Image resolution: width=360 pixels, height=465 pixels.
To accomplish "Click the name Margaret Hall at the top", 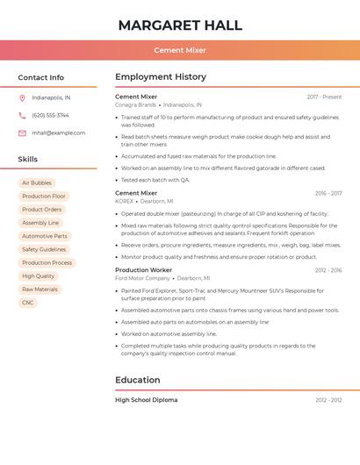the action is tap(180, 25).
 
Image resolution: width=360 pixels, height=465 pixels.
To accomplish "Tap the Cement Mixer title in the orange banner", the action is tap(180, 50).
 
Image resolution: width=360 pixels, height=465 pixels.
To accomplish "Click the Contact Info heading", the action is tap(40, 77).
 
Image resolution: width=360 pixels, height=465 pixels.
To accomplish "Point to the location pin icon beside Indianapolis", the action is tap(22, 97).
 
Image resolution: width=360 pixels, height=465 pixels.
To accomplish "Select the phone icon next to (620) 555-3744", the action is tap(22, 115).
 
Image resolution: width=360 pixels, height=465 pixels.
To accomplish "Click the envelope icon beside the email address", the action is tap(22, 132).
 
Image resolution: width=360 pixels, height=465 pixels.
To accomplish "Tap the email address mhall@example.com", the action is tap(59, 132).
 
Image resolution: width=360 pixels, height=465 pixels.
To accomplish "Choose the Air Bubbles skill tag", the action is tap(37, 182).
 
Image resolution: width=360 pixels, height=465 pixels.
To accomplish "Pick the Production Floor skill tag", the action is tap(44, 197).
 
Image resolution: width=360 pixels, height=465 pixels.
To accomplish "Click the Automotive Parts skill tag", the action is tap(45, 236).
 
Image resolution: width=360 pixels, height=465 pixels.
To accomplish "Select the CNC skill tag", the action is tap(28, 303).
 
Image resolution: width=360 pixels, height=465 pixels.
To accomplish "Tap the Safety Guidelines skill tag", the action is tap(44, 249).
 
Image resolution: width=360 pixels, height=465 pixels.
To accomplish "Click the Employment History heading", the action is tap(161, 77).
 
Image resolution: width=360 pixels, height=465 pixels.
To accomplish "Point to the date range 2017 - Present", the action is tap(324, 97).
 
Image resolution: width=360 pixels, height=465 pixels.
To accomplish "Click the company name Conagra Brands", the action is tap(135, 104).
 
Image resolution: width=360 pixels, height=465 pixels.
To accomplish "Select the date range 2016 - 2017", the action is tap(328, 193).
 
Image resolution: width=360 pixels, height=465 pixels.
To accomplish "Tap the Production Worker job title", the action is tap(143, 270).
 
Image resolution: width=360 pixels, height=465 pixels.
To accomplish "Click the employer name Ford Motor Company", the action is tap(142, 278).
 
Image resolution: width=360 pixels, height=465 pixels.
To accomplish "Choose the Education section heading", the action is tap(138, 380).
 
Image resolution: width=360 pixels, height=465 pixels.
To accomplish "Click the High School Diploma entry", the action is tap(146, 400).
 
